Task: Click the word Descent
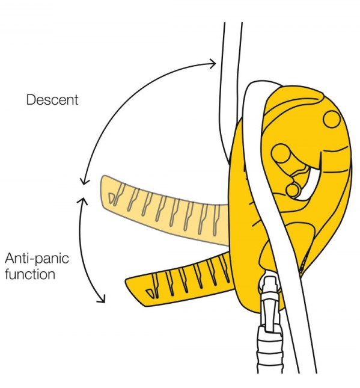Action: click(x=52, y=100)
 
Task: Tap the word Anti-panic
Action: click(x=37, y=258)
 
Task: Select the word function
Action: click(x=30, y=274)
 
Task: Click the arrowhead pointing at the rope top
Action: click(x=213, y=64)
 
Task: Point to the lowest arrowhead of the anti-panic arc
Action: click(x=102, y=299)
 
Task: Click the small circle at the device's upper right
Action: click(x=332, y=119)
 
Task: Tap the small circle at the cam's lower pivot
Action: click(x=293, y=190)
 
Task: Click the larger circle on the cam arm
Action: click(x=281, y=153)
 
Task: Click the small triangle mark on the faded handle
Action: click(x=112, y=198)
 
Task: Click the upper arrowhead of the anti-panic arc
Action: click(x=82, y=202)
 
